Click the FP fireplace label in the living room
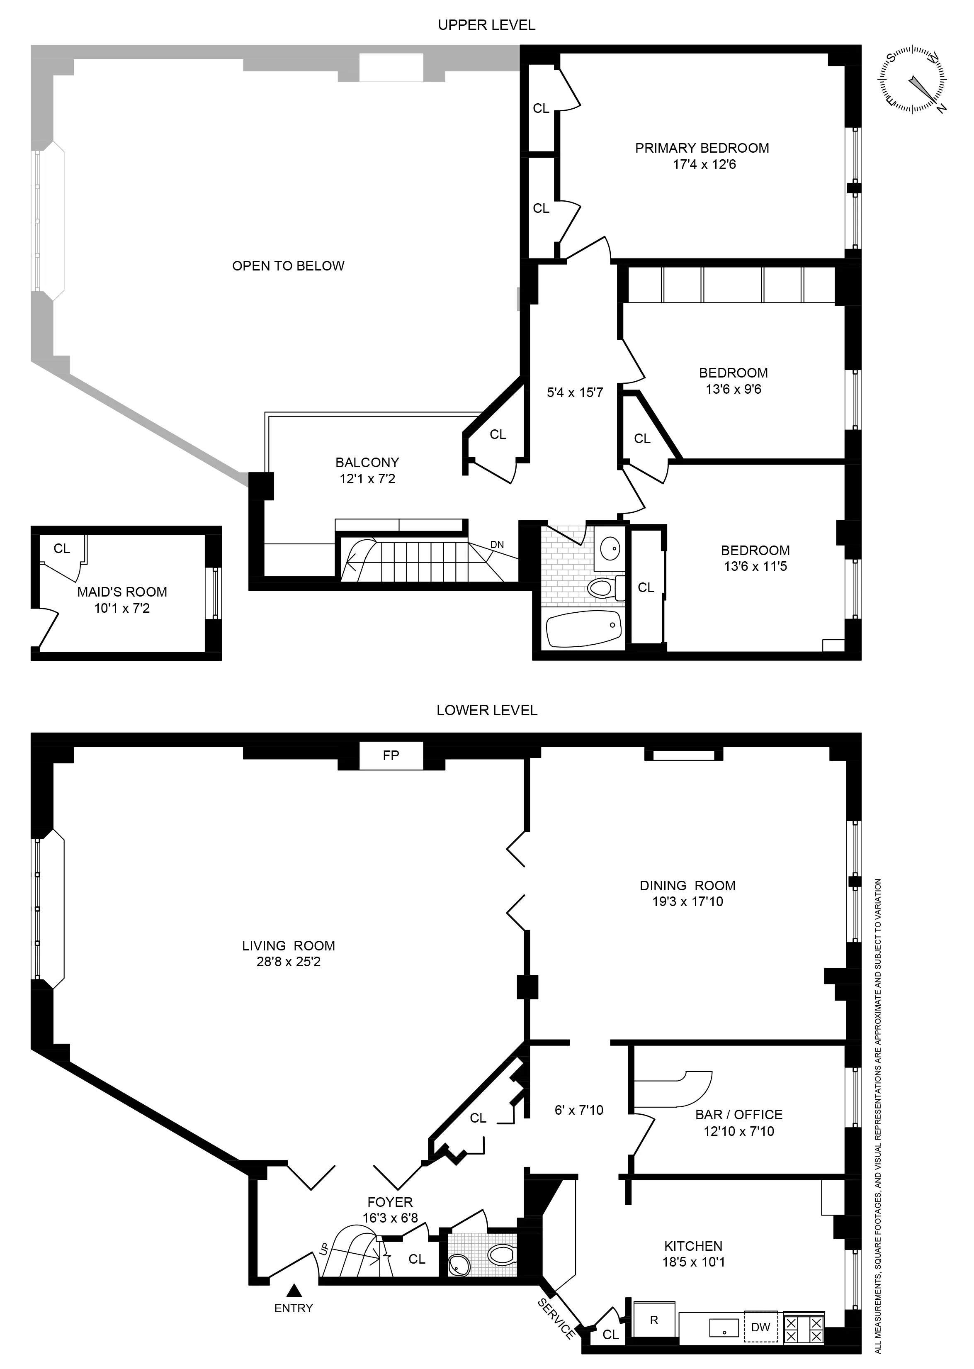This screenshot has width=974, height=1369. tap(391, 755)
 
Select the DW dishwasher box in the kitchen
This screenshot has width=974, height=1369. tap(760, 1327)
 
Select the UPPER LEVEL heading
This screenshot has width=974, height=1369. tap(486, 25)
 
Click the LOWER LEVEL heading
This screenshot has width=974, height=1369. tap(486, 710)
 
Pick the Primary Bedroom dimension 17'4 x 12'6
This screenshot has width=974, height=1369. tap(704, 164)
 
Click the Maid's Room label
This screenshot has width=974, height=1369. tap(122, 592)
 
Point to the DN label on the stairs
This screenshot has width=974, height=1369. tap(497, 545)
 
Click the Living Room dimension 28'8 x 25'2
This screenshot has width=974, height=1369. tap(289, 962)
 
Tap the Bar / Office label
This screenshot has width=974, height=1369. tap(738, 1115)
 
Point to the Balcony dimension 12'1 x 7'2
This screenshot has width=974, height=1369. tap(367, 479)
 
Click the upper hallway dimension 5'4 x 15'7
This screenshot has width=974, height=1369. tap(575, 393)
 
